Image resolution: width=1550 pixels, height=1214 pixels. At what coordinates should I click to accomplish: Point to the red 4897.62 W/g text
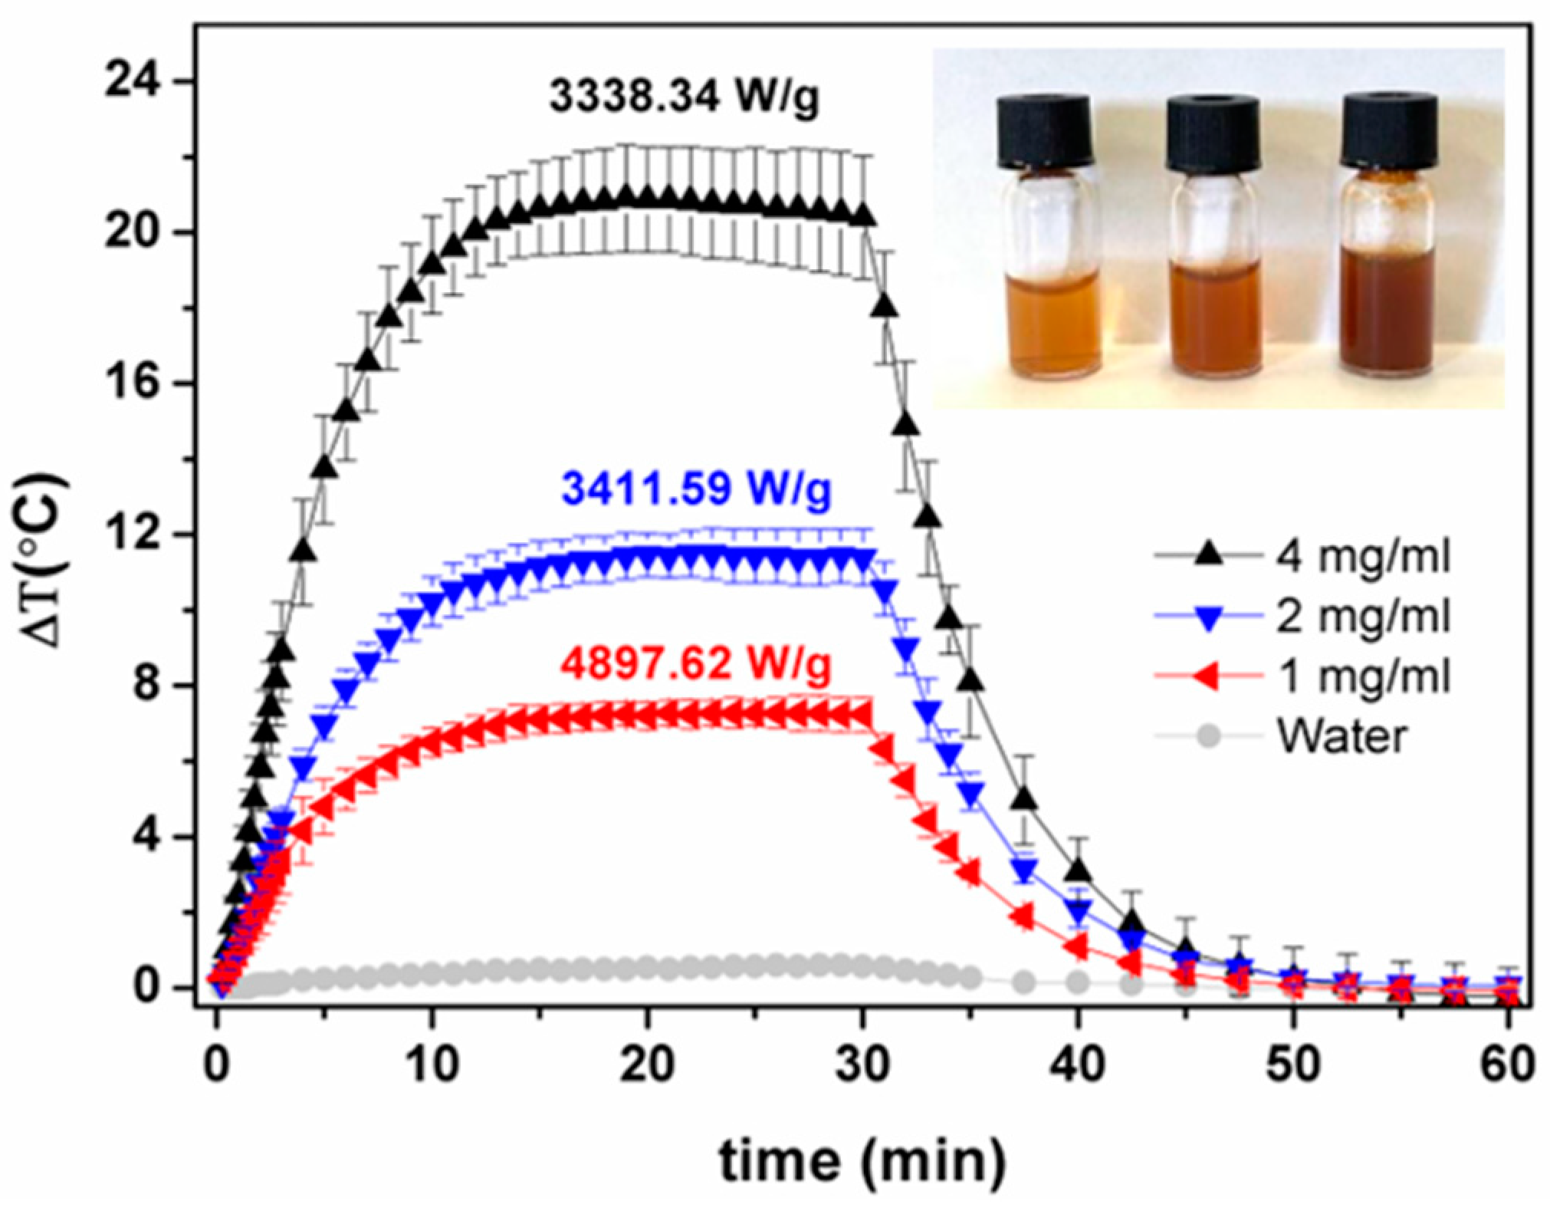pyautogui.click(x=695, y=663)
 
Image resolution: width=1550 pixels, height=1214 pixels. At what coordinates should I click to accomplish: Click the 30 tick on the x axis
pyautogui.click(x=863, y=1064)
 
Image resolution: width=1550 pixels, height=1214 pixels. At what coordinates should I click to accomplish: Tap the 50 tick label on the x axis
pyautogui.click(x=1293, y=1064)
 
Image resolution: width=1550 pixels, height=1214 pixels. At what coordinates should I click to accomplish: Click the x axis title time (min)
pyautogui.click(x=862, y=1160)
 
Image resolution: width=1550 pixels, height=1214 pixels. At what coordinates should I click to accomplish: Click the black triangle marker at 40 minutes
pyautogui.click(x=1079, y=872)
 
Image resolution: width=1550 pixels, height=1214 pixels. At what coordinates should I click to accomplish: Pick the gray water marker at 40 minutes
pyautogui.click(x=1079, y=982)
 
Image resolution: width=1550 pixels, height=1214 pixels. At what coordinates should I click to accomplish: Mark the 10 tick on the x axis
pyautogui.click(x=432, y=1064)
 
